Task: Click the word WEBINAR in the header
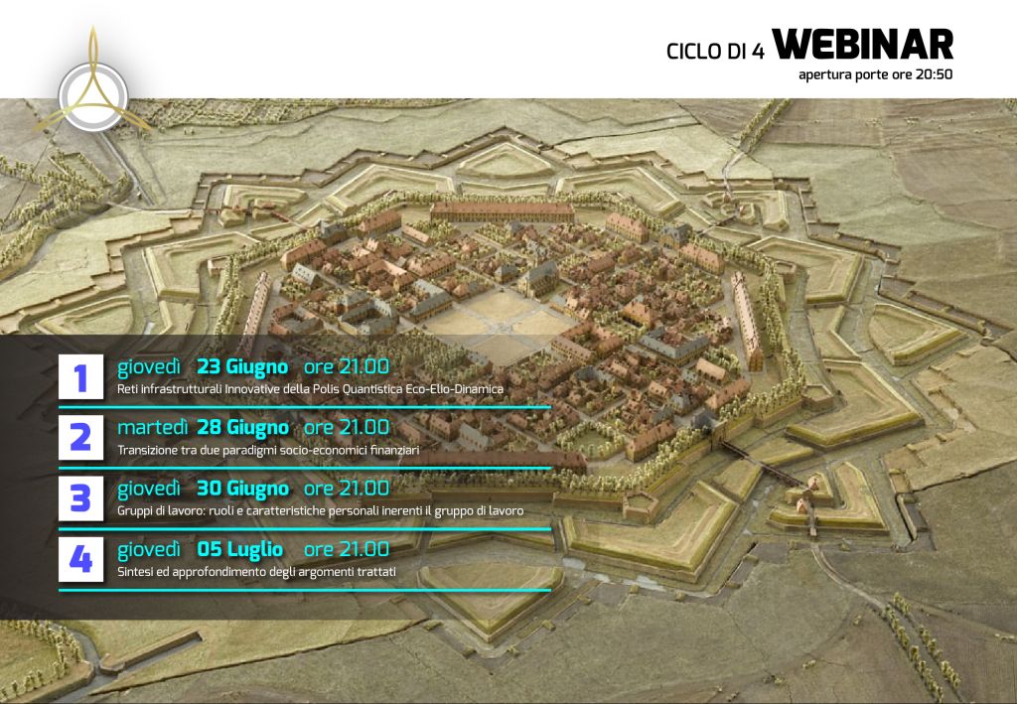[863, 44]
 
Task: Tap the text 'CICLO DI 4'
[715, 52]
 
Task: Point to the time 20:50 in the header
[934, 74]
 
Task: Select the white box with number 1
[81, 376]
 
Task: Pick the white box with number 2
[81, 438]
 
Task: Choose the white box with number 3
[81, 498]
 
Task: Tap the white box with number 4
[81, 559]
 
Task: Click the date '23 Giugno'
[242, 367]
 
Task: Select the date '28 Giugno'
[243, 429]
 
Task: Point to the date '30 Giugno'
[243, 490]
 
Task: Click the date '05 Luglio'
[240, 550]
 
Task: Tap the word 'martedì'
[152, 428]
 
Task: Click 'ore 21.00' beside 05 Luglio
[347, 550]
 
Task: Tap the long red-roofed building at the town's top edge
[503, 211]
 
